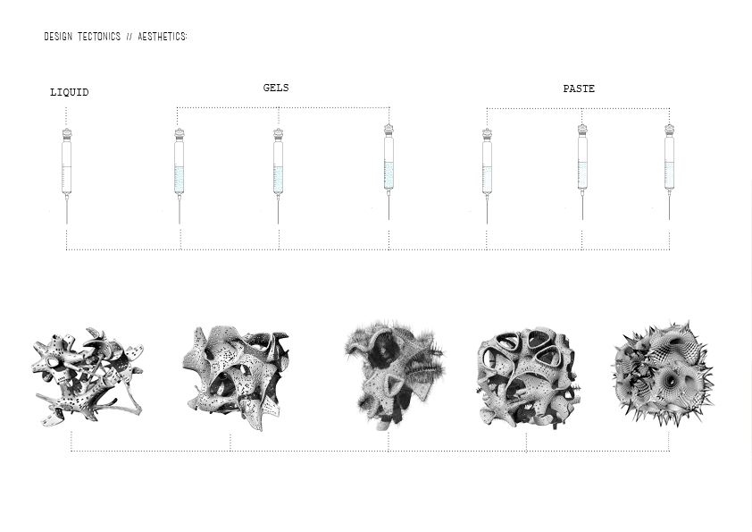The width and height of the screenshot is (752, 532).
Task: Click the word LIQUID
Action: tap(70, 92)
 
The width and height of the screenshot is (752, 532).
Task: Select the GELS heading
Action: tap(276, 88)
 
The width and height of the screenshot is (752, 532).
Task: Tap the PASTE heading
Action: tap(579, 89)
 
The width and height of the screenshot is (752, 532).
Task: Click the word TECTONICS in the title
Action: tap(99, 37)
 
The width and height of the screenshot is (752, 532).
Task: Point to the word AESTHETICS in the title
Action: tap(163, 37)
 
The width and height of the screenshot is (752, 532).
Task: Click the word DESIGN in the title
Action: tap(58, 37)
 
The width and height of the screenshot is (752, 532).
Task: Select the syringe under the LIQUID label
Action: tap(67, 176)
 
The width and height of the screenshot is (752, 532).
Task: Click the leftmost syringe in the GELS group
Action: tap(180, 176)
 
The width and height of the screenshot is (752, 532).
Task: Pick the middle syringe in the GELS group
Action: tap(278, 176)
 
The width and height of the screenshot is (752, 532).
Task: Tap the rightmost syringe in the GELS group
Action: tap(389, 172)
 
